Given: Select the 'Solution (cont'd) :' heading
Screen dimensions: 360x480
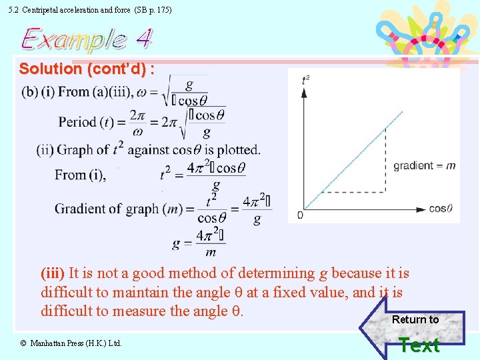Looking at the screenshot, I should coord(87,69).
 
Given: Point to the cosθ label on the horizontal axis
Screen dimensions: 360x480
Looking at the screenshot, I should coord(441,209).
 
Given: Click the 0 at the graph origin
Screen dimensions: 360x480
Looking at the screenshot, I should coord(300,215).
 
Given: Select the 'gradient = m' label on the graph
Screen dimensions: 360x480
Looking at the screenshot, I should coord(425,165).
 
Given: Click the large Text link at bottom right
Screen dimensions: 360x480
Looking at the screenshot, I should coord(419,345).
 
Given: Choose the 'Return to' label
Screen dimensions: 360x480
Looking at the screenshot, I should coord(415,319).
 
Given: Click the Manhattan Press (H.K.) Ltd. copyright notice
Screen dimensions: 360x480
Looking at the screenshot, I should coord(71,343).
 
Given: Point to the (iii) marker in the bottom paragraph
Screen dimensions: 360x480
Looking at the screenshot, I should coord(53,273).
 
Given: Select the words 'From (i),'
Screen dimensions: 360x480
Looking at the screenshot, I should coord(80,175).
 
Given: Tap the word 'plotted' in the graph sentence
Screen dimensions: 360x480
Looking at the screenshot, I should coord(237,149).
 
